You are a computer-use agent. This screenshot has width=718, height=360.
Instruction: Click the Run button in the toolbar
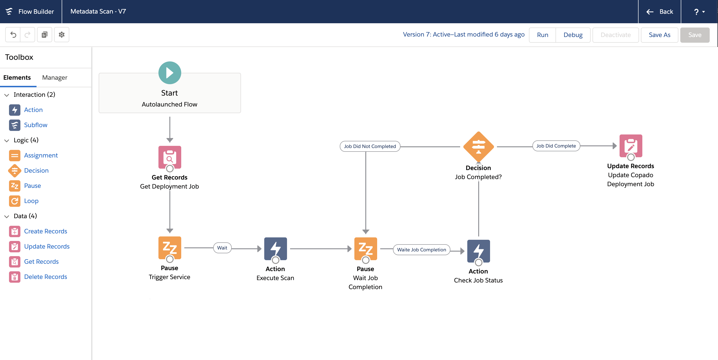click(542, 35)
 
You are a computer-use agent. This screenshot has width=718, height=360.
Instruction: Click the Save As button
click(659, 35)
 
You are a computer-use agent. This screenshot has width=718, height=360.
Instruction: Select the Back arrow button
click(659, 12)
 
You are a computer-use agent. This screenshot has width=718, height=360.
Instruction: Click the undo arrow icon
click(13, 35)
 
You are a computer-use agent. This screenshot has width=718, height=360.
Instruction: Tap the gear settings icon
click(62, 35)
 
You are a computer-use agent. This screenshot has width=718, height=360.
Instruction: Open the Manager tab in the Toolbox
click(55, 78)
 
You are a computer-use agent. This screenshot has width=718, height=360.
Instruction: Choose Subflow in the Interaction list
click(35, 125)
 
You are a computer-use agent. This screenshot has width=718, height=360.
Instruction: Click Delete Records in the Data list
click(46, 277)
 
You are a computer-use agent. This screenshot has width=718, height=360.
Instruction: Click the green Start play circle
click(170, 73)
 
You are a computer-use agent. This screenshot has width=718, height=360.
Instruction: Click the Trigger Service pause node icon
click(170, 248)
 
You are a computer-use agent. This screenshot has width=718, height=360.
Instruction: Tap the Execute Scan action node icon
click(275, 249)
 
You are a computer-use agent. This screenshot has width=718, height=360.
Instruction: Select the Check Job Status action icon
click(478, 251)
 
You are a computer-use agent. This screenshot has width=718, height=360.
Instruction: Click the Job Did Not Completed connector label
click(370, 146)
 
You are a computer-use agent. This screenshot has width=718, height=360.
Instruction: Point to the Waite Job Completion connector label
click(422, 250)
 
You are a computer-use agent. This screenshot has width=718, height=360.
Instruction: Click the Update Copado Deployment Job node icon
click(630, 146)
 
